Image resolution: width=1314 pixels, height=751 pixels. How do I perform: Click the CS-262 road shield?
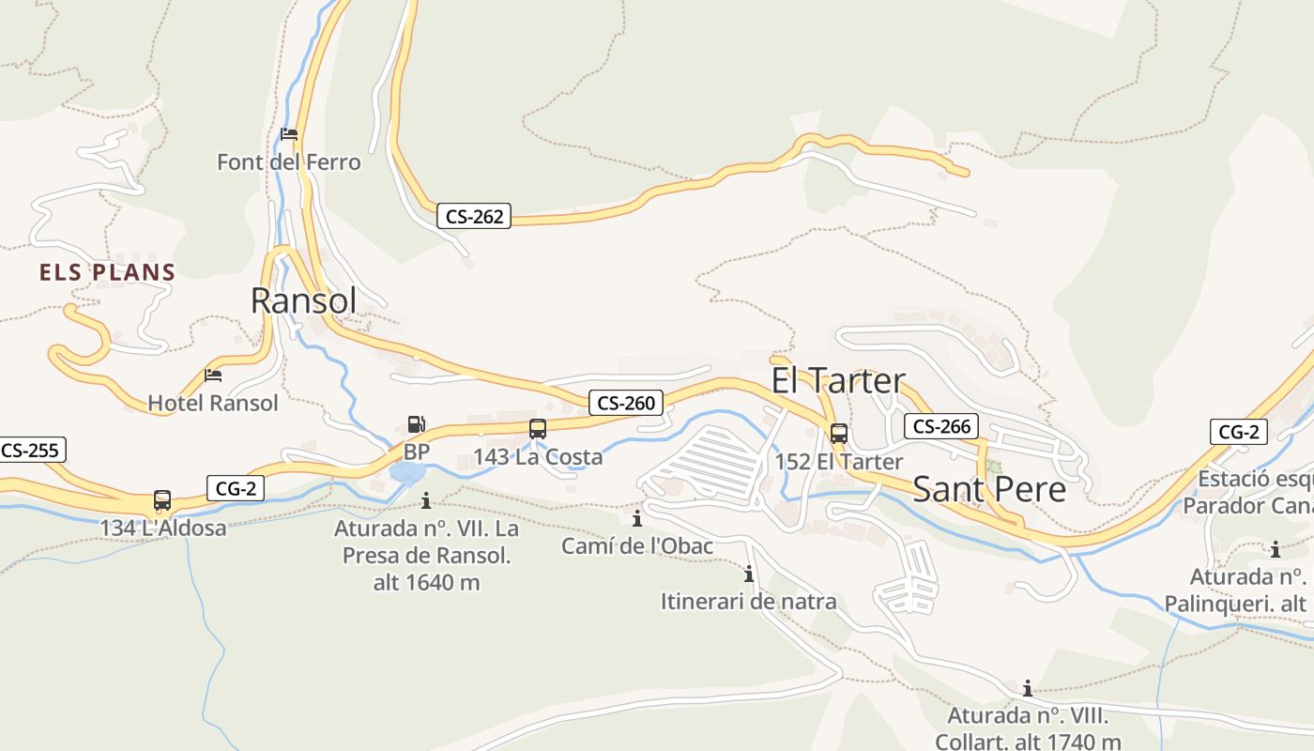pyautogui.click(x=474, y=216)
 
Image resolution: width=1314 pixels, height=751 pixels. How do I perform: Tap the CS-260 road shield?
pyautogui.click(x=626, y=404)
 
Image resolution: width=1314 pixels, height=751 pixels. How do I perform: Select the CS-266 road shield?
pyautogui.click(x=941, y=426)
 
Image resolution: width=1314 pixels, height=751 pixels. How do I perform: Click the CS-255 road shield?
pyautogui.click(x=30, y=450)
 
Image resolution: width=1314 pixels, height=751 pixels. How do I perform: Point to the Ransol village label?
pyautogui.click(x=303, y=300)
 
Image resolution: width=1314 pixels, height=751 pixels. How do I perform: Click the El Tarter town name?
pyautogui.click(x=838, y=380)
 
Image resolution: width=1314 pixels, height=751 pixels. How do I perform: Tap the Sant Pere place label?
pyautogui.click(x=989, y=489)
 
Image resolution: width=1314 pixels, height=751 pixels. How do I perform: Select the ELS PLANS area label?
pyautogui.click(x=107, y=273)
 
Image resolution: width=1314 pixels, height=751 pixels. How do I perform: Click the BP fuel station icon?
pyautogui.click(x=416, y=424)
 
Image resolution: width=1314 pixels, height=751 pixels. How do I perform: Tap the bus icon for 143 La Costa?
pyautogui.click(x=538, y=429)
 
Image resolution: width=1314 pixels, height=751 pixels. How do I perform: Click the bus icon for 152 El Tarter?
pyautogui.click(x=839, y=434)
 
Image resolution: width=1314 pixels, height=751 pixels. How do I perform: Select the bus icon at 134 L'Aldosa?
pyautogui.click(x=162, y=500)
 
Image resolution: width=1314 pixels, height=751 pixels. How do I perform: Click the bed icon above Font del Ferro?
pyautogui.click(x=289, y=134)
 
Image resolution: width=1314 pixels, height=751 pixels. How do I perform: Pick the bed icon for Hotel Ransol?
pyautogui.click(x=213, y=375)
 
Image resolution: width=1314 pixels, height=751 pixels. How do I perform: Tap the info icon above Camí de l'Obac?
pyautogui.click(x=637, y=518)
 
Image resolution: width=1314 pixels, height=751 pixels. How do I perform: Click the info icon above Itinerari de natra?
pyautogui.click(x=748, y=574)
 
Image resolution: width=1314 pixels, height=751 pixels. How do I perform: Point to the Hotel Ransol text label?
pyautogui.click(x=213, y=403)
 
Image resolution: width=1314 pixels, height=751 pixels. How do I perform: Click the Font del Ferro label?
pyautogui.click(x=288, y=162)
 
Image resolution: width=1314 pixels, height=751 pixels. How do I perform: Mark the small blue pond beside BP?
pyautogui.click(x=407, y=472)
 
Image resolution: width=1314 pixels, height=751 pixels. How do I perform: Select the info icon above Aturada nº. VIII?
pyautogui.click(x=1028, y=688)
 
